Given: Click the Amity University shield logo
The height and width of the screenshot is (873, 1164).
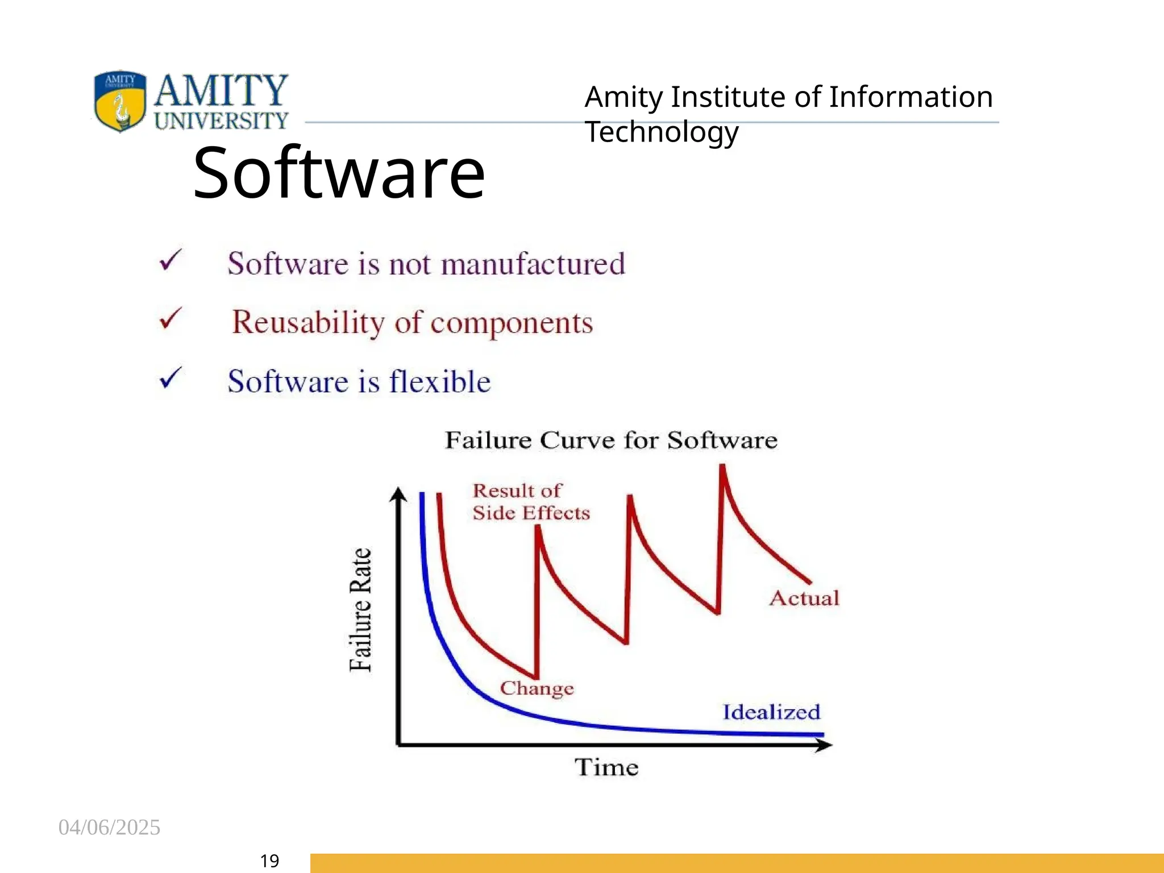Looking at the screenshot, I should tap(120, 101).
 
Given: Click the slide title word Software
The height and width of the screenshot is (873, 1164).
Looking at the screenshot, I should tap(339, 173).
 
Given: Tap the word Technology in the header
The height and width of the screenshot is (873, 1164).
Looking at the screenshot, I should tap(662, 132).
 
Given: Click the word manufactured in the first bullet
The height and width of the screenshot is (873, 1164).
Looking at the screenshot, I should tap(533, 264).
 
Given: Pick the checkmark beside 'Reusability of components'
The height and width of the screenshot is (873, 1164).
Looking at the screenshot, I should tap(171, 318).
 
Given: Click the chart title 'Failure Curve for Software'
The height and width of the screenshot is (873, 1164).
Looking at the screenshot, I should tap(611, 440).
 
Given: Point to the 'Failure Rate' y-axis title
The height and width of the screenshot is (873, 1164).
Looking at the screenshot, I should tap(360, 609).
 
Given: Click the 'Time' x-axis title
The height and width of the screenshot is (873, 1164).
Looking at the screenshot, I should tap(606, 767).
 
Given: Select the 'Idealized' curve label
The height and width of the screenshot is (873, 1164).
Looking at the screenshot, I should tap(771, 712).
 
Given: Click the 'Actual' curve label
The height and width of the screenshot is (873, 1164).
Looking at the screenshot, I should tap(804, 598).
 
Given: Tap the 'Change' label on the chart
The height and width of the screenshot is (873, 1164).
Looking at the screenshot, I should tap(537, 688).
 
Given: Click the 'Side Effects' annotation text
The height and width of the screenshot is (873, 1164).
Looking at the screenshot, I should tap(531, 513).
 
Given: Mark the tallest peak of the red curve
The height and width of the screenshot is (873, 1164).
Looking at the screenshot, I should tap(722, 467).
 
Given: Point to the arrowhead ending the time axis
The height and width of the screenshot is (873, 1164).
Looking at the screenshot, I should tap(825, 745).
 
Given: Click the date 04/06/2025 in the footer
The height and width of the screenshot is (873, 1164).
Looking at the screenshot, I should tap(109, 828).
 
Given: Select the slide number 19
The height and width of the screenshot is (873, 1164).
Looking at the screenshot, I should tap(269, 861).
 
